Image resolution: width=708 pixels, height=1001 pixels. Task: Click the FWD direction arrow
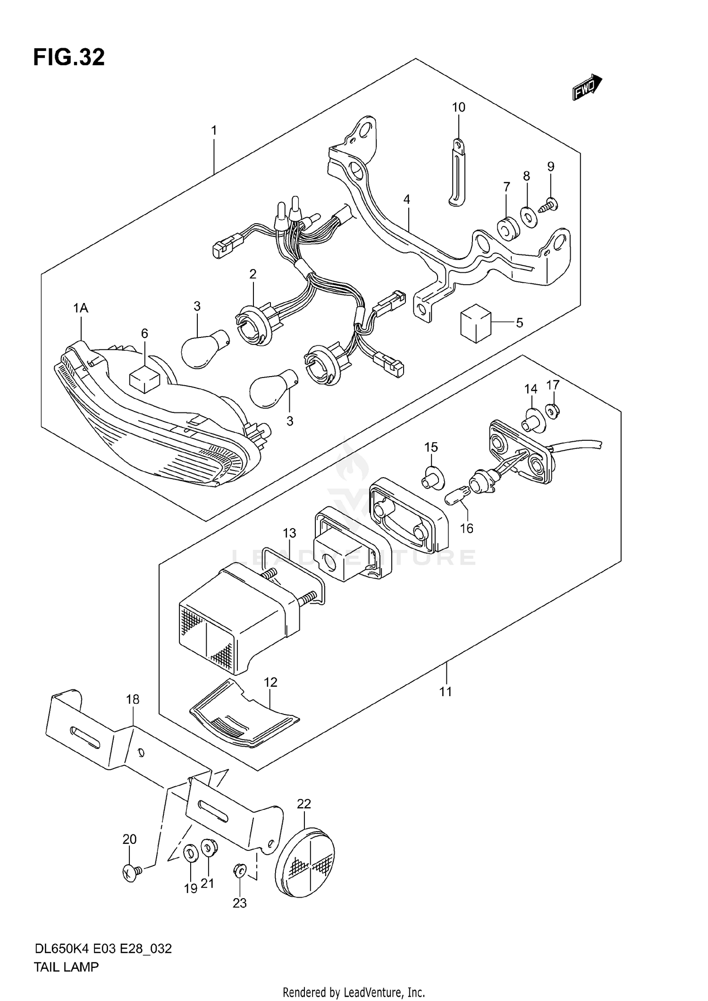(587, 87)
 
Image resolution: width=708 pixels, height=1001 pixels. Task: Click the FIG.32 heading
(69, 57)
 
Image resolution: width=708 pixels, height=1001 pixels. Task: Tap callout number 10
(458, 108)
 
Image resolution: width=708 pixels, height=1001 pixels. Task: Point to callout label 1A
(80, 309)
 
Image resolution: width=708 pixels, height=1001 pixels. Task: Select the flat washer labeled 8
(529, 215)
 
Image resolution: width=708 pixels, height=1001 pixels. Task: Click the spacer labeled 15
(432, 478)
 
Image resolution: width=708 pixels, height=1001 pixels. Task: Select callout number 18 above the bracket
(133, 699)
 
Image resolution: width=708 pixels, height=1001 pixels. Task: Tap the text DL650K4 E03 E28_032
(102, 949)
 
